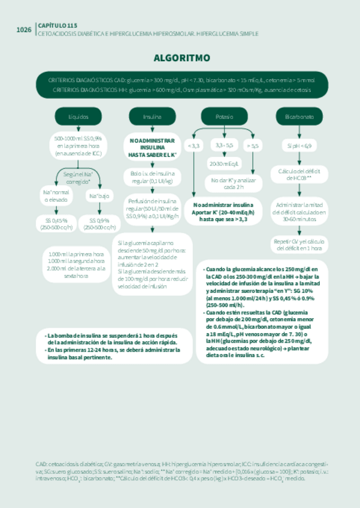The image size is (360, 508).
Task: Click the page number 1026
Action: (x=24, y=30)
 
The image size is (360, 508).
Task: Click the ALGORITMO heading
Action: (x=181, y=58)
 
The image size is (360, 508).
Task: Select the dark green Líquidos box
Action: (x=78, y=117)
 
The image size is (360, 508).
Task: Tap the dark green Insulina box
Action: (x=152, y=117)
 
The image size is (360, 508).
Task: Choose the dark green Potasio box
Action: (x=224, y=117)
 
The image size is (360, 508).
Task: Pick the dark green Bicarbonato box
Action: (x=299, y=117)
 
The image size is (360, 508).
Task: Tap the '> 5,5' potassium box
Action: (x=252, y=146)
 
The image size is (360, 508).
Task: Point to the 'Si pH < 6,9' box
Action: (x=299, y=146)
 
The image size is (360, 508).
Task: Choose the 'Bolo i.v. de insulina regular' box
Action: (x=152, y=177)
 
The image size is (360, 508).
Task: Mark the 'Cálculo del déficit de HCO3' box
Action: (x=299, y=174)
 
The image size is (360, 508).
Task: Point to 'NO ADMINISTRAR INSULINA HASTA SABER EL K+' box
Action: (x=152, y=147)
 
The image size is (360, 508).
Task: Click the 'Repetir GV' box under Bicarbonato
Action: (x=299, y=244)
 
